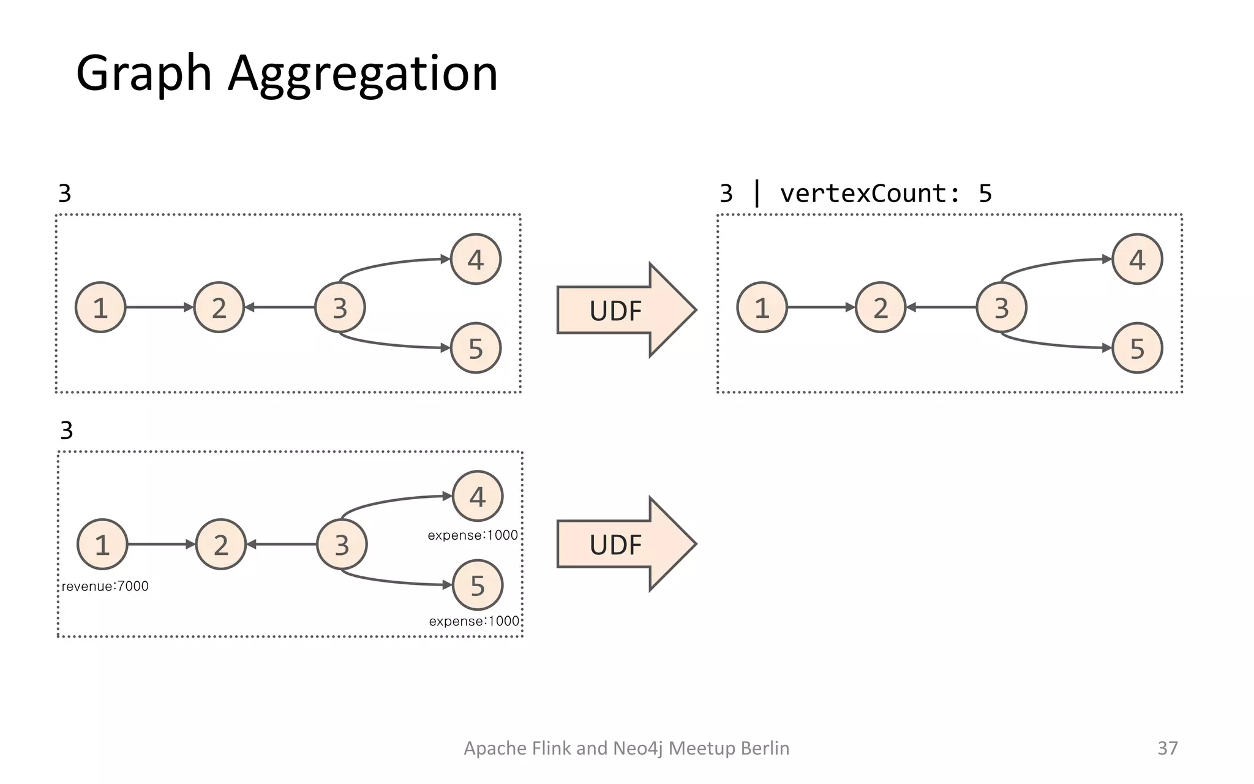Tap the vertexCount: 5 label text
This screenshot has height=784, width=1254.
tap(885, 194)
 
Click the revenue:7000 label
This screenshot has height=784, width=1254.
tap(105, 586)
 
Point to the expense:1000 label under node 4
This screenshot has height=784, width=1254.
tap(472, 535)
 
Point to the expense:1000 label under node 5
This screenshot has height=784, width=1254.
tap(473, 621)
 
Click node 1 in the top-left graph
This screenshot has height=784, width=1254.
tap(100, 307)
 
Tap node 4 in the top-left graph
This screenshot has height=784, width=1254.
tap(476, 259)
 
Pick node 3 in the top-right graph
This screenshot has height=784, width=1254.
tap(1001, 307)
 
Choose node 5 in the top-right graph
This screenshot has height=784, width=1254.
tap(1137, 348)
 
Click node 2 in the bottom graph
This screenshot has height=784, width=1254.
tap(220, 544)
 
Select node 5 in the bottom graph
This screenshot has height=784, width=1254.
tap(478, 585)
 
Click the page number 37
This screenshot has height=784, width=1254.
tap(1167, 748)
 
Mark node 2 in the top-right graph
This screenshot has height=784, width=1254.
tap(880, 307)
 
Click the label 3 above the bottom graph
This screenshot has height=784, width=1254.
tap(67, 431)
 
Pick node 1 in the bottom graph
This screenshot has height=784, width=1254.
tap(102, 544)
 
